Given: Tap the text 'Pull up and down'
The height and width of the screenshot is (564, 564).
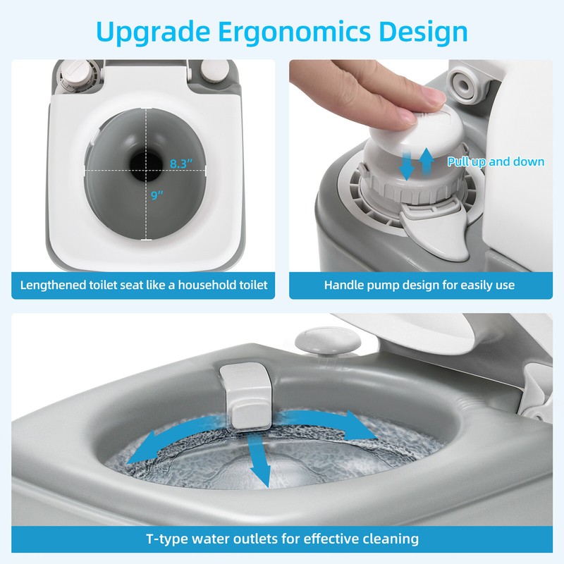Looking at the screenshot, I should (x=496, y=162).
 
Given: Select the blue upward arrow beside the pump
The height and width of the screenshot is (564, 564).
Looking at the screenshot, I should (x=426, y=161).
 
